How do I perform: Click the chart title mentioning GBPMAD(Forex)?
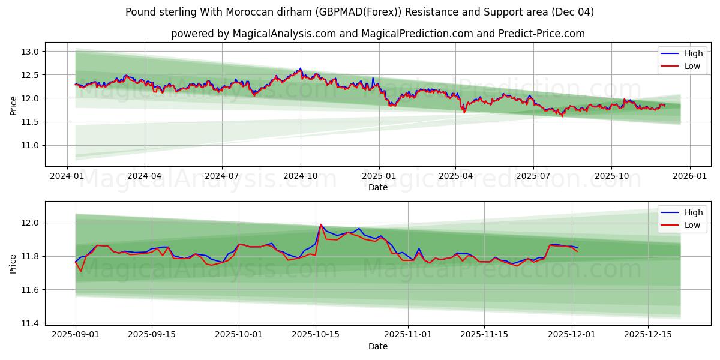pyautogui.click(x=359, y=12)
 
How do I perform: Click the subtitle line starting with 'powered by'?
pyautogui.click(x=377, y=34)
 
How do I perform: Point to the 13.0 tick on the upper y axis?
pyautogui.click(x=31, y=52)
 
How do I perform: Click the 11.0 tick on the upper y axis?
pyautogui.click(x=31, y=145)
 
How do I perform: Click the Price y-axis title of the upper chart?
pyautogui.click(x=13, y=104)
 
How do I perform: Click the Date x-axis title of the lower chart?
pyautogui.click(x=377, y=346)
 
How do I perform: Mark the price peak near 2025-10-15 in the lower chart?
pyautogui.click(x=320, y=224)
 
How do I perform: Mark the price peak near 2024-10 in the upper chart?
pyautogui.click(x=301, y=68)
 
